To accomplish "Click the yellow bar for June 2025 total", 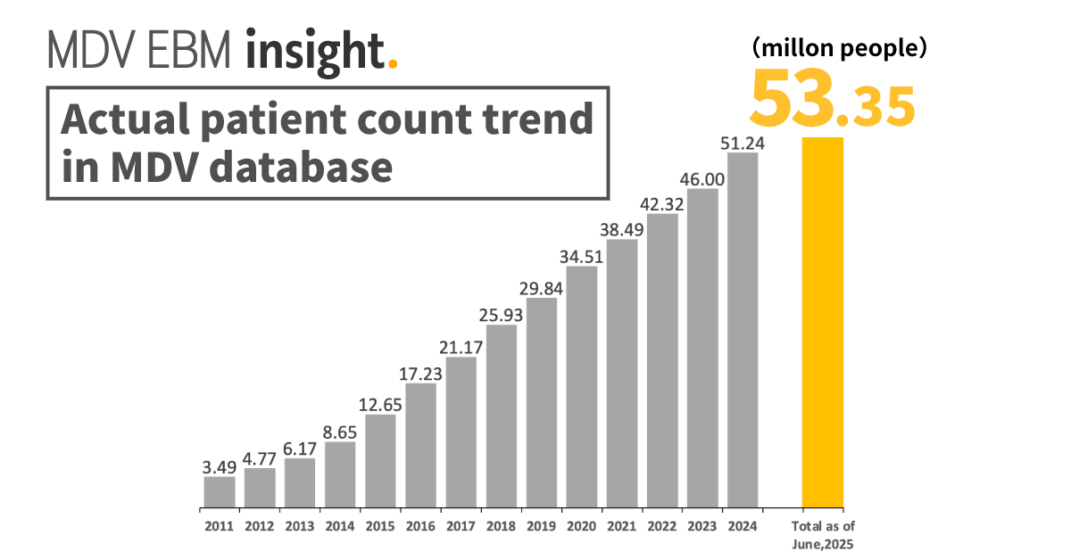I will coord(822,322).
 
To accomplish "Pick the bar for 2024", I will coord(743,330).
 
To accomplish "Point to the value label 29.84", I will coord(541,288).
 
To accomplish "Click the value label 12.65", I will coord(380,404).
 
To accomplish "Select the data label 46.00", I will coord(702,178).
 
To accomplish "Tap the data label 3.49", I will coord(219,466).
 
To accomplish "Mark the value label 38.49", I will coord(622,229).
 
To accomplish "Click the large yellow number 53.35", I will coord(831,100).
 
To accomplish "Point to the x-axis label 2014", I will coord(340,527).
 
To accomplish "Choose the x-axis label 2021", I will coord(622,527).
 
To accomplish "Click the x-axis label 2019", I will coord(541,527).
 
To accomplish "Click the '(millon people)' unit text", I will coord(838,49).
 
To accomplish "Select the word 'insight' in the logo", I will coord(316,51).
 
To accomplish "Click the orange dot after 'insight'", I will coord(394,64).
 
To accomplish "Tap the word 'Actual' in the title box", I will coord(120,119).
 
